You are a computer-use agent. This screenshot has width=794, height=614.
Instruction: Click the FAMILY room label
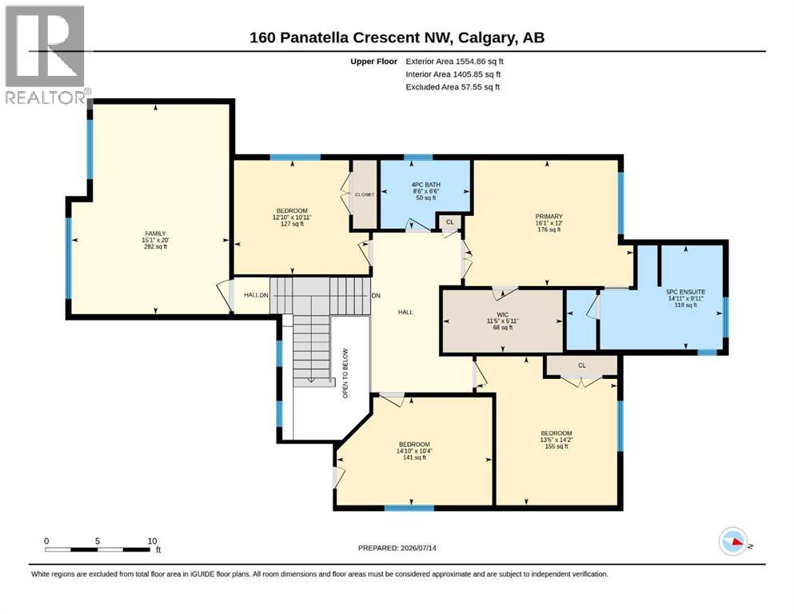click(155, 233)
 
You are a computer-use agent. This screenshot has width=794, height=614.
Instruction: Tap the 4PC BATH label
click(426, 185)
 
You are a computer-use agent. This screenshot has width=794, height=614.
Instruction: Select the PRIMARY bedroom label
click(549, 216)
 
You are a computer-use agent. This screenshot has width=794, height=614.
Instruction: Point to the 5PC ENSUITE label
click(685, 292)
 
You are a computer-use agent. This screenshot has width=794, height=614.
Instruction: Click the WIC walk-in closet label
click(502, 314)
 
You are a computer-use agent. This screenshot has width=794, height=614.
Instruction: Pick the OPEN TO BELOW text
click(345, 373)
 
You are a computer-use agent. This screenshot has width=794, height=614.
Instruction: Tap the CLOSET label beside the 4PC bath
click(365, 194)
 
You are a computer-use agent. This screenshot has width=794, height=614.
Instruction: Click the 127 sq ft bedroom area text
click(292, 224)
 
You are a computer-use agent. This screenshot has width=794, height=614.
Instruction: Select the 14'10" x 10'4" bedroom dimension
click(414, 451)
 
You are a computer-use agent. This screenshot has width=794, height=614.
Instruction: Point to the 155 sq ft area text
click(557, 446)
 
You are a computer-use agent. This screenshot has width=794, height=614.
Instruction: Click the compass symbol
click(733, 541)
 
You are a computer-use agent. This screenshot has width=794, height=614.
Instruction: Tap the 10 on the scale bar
click(152, 541)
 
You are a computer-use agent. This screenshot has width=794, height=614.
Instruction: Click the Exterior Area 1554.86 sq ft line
click(454, 62)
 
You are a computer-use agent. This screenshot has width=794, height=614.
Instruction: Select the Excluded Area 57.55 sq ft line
click(453, 87)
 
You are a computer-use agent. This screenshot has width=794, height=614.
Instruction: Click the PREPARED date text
click(397, 548)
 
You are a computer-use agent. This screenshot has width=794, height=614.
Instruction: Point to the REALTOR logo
click(46, 54)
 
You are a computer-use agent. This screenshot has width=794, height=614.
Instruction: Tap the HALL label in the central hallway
click(405, 313)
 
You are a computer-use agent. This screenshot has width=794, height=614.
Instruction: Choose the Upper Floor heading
click(373, 62)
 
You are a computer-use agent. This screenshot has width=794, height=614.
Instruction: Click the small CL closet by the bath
click(449, 222)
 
